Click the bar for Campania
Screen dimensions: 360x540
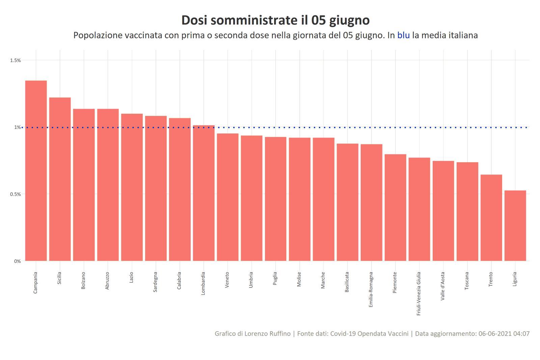tap(36, 171)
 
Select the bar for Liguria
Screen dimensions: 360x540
tap(515, 226)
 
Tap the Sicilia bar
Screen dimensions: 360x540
tap(60, 179)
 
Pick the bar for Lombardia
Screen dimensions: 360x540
tap(204, 193)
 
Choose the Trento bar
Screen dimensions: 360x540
tap(491, 217)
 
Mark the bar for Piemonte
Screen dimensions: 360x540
tap(395, 207)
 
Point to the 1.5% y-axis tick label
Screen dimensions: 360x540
tap(16, 60)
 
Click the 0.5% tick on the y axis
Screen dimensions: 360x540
tap(16, 194)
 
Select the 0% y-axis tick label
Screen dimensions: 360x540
tap(18, 261)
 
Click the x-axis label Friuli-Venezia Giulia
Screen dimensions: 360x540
tap(419, 293)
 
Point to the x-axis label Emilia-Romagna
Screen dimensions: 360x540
tap(371, 289)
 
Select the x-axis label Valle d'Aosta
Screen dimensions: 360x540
tap(443, 286)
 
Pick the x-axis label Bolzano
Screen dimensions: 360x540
tap(83, 280)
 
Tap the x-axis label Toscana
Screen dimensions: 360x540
tap(467, 281)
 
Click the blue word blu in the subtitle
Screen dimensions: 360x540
tap(403, 35)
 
